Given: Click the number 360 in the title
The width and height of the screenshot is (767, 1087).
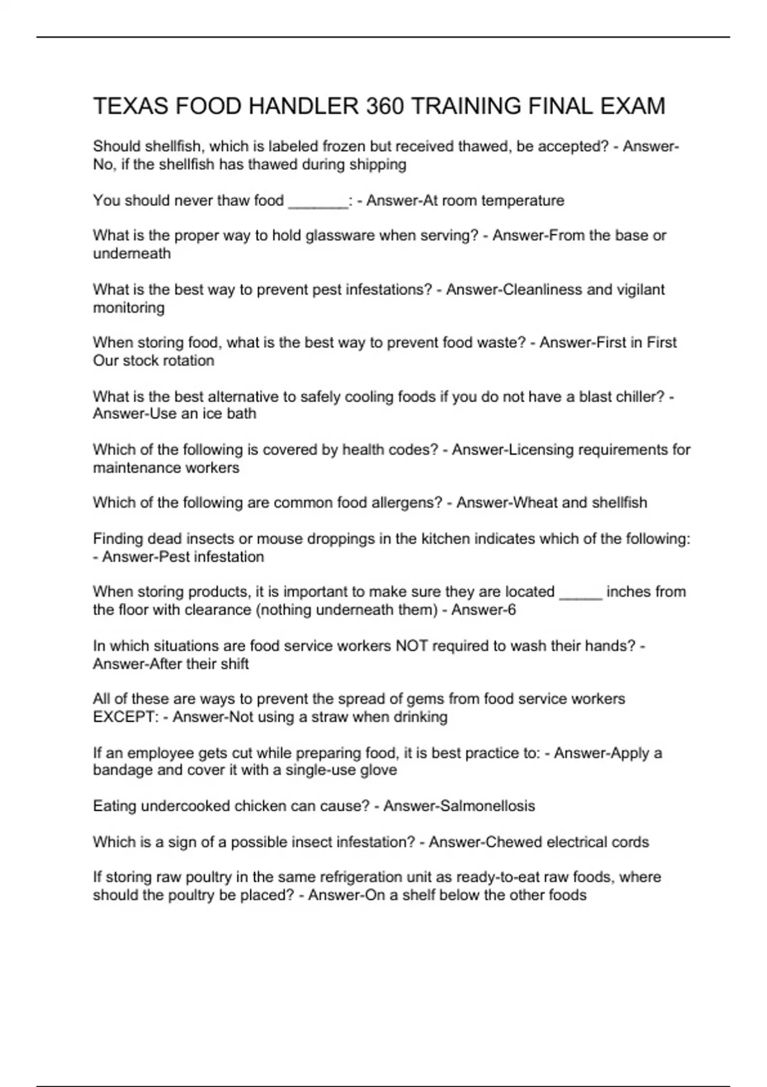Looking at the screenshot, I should click(x=385, y=106).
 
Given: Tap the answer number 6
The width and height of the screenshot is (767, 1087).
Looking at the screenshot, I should click(x=511, y=610).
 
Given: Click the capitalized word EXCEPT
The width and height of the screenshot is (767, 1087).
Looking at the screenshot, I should click(x=125, y=717).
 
